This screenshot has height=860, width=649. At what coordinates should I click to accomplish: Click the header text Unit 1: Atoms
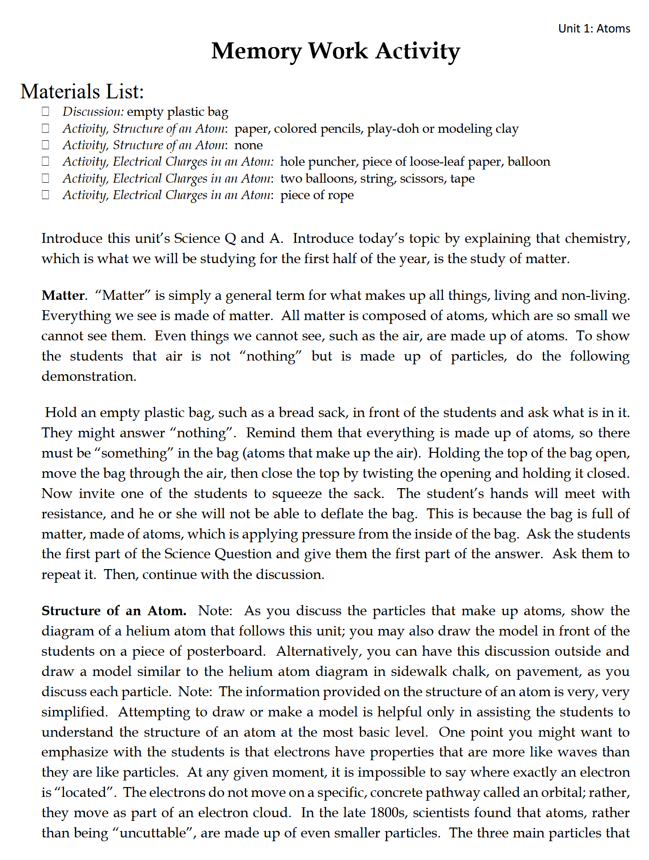594,29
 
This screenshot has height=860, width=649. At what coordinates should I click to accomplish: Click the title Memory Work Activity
335,51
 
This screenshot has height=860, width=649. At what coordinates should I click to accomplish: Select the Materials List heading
82,91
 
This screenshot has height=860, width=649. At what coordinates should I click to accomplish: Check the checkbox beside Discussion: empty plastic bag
46,112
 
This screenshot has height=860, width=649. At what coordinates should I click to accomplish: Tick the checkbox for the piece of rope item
46,195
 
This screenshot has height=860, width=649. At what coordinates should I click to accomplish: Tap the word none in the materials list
248,145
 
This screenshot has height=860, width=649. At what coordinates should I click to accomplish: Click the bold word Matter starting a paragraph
63,295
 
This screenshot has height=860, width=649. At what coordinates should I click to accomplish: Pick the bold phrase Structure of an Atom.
113,611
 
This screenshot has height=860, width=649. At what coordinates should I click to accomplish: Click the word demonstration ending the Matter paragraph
88,376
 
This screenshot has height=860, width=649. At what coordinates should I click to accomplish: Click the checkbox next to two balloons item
46,178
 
